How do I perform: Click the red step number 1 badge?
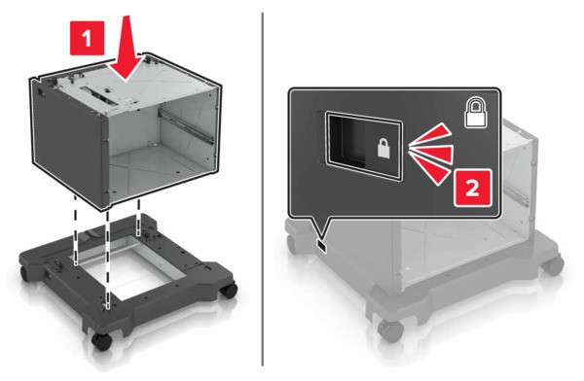coord(88,38)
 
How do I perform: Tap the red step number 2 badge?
coord(473,188)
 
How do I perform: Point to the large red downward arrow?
coord(127,48)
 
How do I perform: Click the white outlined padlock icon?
coord(476,113)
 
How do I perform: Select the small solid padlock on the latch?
coord(383,148)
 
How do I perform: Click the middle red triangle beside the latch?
coord(431,154)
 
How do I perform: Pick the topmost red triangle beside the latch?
coord(430,135)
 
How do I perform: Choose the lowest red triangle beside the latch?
coord(430,170)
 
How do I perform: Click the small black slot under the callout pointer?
coord(321,246)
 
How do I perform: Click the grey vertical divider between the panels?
coord(263,190)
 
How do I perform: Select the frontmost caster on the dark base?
coord(101,341)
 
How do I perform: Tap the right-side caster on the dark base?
coord(229,290)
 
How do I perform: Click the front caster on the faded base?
coord(390,329)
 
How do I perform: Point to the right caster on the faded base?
coord(553,265)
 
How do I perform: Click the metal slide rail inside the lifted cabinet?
coord(186,126)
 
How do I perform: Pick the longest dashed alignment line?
coord(108,259)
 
